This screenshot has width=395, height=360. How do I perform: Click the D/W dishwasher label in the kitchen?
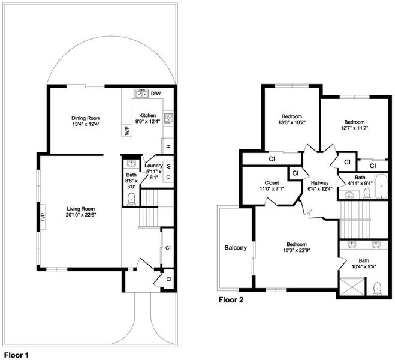156,94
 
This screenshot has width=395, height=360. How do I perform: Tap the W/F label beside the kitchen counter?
128,131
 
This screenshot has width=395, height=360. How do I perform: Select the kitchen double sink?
141,93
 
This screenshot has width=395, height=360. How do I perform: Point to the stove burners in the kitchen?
168,118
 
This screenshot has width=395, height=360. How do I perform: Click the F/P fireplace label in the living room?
43,217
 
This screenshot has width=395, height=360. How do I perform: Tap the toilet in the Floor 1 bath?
131,199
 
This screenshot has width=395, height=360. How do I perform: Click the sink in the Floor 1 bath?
131,164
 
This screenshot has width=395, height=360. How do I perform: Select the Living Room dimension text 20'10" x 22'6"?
81,215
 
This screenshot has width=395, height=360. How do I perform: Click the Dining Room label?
86,118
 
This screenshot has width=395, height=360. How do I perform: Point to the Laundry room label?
153,166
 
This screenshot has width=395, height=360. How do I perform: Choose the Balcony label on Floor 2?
236,248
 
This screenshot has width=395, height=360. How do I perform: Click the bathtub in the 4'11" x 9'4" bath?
382,187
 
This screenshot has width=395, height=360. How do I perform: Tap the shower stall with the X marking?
352,287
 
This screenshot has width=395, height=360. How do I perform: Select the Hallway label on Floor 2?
319,183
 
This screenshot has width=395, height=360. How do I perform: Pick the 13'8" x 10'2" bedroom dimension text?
292,122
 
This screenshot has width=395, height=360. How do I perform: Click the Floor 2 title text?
231,300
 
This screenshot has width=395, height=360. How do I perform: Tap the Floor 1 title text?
16,355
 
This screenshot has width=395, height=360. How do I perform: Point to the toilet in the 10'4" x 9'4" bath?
377,289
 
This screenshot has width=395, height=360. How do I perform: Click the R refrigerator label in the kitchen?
169,146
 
